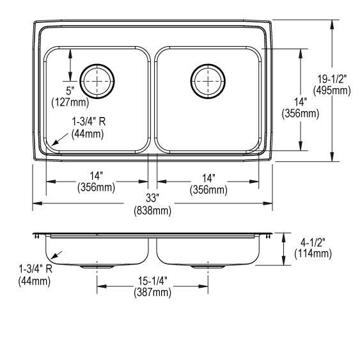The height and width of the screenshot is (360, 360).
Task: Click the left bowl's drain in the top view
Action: click(x=97, y=80)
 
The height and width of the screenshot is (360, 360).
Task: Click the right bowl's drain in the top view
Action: click(x=208, y=80)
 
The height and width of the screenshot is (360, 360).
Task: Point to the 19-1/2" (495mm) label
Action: click(x=331, y=84)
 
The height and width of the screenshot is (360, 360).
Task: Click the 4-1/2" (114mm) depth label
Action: click(x=313, y=248)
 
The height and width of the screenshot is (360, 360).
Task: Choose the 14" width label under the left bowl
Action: click(x=97, y=182)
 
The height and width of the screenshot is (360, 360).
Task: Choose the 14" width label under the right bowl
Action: click(x=208, y=182)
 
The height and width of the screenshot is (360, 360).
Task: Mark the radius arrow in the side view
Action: click(x=58, y=256)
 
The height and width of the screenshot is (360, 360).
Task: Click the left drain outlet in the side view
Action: click(x=97, y=264)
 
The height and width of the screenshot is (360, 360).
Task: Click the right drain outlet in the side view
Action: click(x=208, y=264)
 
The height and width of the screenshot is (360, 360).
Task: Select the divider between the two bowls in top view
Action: click(x=153, y=99)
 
